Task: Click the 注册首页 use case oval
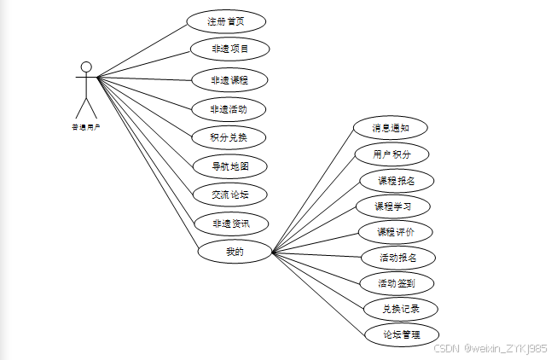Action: (226, 21)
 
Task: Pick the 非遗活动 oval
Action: (229, 109)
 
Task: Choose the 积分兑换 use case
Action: (229, 137)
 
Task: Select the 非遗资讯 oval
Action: (229, 224)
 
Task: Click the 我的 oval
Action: (235, 252)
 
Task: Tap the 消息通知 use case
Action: (391, 129)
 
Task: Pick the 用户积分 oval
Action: (392, 154)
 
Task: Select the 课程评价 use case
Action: (395, 231)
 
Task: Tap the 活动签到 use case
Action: (398, 282)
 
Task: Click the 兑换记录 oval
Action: (401, 308)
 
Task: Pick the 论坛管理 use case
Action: (401, 334)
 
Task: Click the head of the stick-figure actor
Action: (85, 67)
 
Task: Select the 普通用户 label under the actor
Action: (85, 126)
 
